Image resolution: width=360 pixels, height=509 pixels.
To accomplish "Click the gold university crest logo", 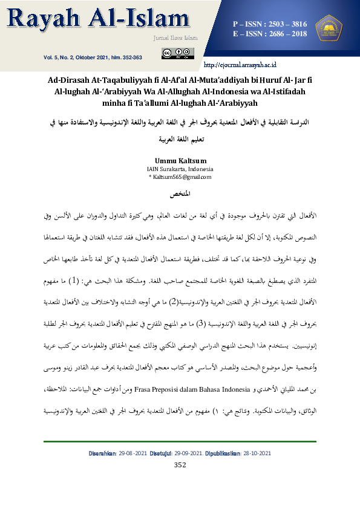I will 329,29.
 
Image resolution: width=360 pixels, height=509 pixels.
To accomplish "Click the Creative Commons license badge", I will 177,54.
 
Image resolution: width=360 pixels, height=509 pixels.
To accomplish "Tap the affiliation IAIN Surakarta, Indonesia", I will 180,169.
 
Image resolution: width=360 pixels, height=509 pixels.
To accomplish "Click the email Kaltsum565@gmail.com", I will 182,177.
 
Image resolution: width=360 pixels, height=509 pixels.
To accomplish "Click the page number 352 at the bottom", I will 180,464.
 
